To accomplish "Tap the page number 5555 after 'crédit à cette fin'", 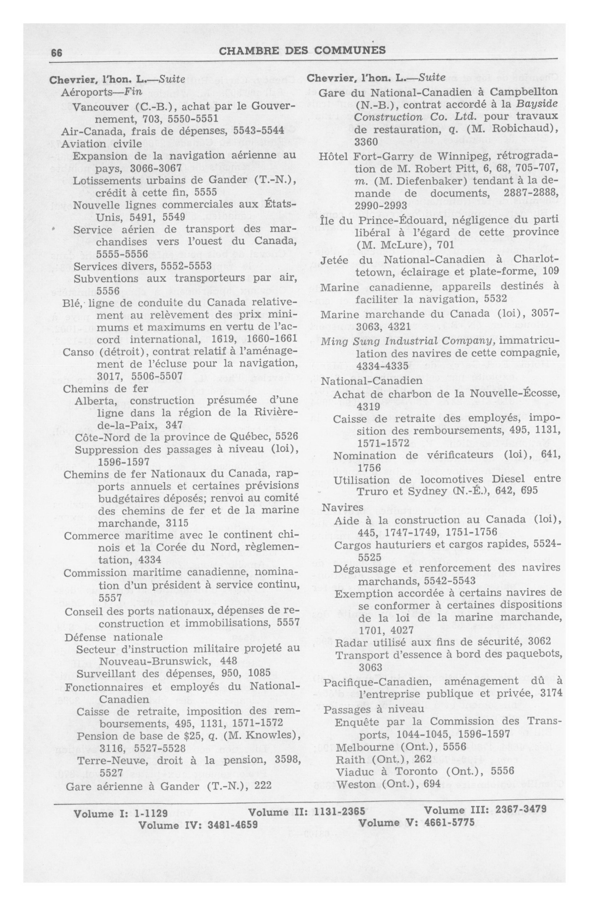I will click(205, 192).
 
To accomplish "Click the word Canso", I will click(78, 352).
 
